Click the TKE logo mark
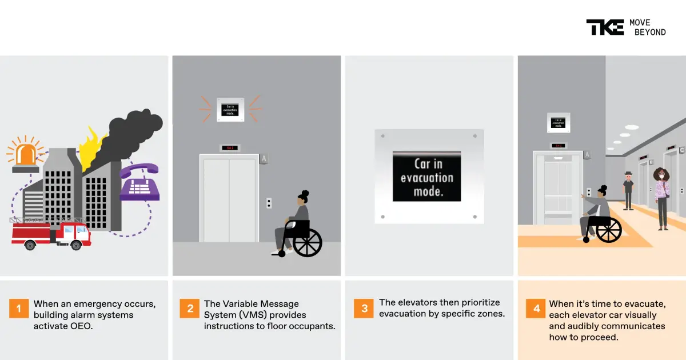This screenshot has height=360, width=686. [604, 27]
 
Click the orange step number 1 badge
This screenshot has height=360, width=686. [18, 309]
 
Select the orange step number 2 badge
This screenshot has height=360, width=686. [190, 309]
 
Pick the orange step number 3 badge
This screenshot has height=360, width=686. [364, 309]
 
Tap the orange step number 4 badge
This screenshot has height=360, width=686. [536, 309]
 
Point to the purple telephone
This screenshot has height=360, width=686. [139, 182]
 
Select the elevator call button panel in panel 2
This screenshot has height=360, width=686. [269, 203]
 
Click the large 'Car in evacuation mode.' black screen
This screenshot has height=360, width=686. [426, 177]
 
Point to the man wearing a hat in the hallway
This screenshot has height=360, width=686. [628, 190]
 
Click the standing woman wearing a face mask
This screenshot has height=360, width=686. [661, 198]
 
